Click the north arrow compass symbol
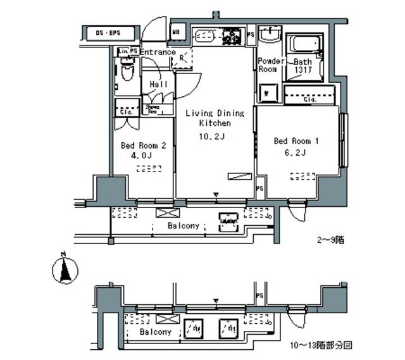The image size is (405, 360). coord(63,270)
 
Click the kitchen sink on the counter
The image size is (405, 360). coord(205,36)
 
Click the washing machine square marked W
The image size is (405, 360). coord(268,93)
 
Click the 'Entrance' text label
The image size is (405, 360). coord(157,52)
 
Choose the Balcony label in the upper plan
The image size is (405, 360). coord(184,226)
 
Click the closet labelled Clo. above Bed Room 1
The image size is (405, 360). coord(309,99)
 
